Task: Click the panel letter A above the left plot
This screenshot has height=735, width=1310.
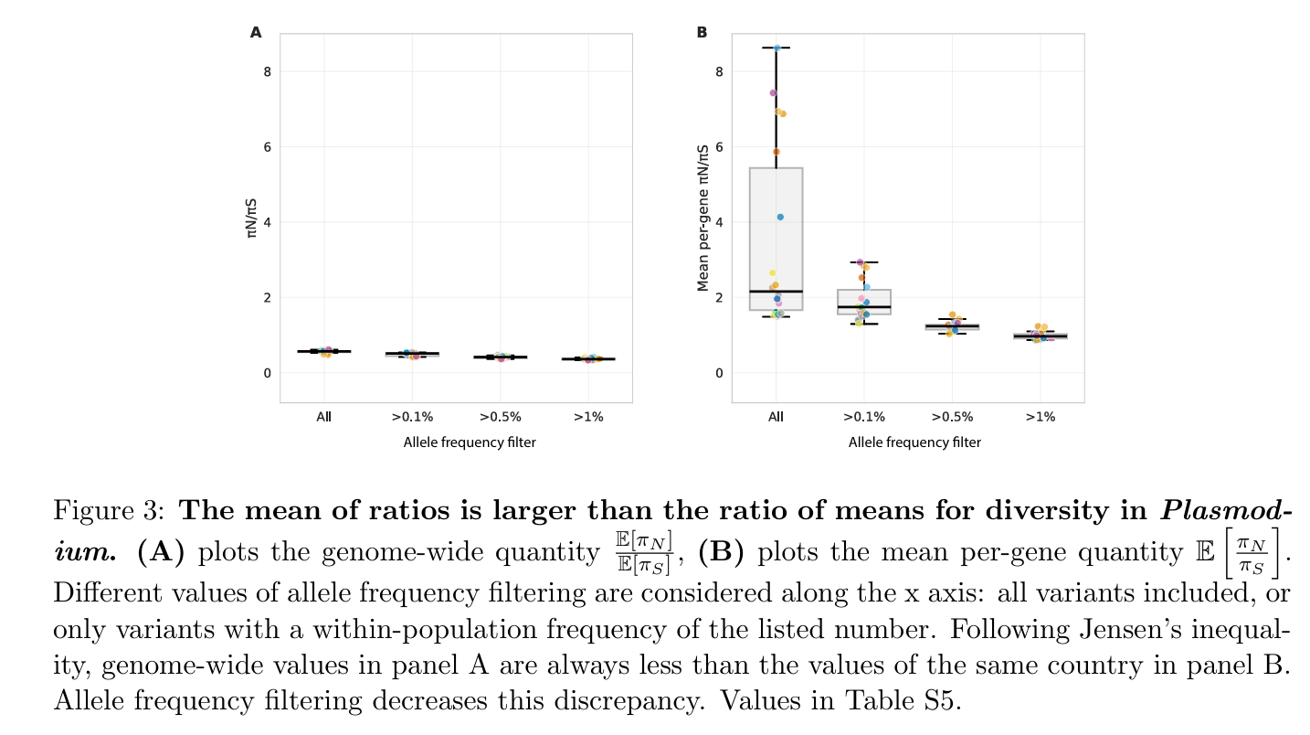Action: pos(256,33)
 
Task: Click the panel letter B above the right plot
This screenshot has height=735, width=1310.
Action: pos(702,33)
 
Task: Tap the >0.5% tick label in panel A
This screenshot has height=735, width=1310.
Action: pos(500,417)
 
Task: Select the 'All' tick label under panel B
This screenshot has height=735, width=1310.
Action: pos(776,417)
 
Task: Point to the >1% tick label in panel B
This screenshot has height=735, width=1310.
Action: pos(1041,417)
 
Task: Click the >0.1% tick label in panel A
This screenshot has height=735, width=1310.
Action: pos(411,417)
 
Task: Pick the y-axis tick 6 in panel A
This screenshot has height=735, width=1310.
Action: pos(268,147)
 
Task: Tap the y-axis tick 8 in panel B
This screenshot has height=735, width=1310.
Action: pos(720,71)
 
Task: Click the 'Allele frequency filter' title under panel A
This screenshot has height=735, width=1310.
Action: pos(470,442)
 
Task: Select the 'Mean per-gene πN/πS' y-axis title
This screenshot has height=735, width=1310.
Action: pos(703,218)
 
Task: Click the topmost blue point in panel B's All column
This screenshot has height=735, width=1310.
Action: pos(776,48)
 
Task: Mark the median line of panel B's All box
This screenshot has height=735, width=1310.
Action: pos(776,291)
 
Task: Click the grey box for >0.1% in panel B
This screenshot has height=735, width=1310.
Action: pos(864,302)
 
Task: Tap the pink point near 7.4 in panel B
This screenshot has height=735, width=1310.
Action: pos(773,92)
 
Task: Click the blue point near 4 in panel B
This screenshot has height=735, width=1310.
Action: pos(780,217)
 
